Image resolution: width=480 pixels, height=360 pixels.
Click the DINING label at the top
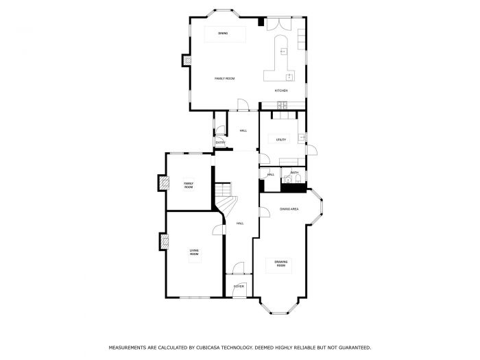(x=223, y=33)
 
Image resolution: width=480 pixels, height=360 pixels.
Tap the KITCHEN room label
(x=281, y=91)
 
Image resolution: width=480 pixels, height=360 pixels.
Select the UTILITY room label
(x=281, y=139)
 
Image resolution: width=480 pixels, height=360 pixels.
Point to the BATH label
(x=294, y=173)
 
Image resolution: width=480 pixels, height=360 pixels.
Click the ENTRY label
(x=220, y=143)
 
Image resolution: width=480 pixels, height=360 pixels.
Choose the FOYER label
(x=239, y=286)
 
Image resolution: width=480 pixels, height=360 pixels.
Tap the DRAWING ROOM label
(x=281, y=263)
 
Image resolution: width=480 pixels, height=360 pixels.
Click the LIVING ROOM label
(x=194, y=253)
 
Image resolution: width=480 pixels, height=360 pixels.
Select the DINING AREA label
(x=289, y=208)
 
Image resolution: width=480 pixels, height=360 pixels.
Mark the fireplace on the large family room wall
(x=185, y=60)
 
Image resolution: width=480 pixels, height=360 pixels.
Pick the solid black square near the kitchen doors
(x=261, y=22)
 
